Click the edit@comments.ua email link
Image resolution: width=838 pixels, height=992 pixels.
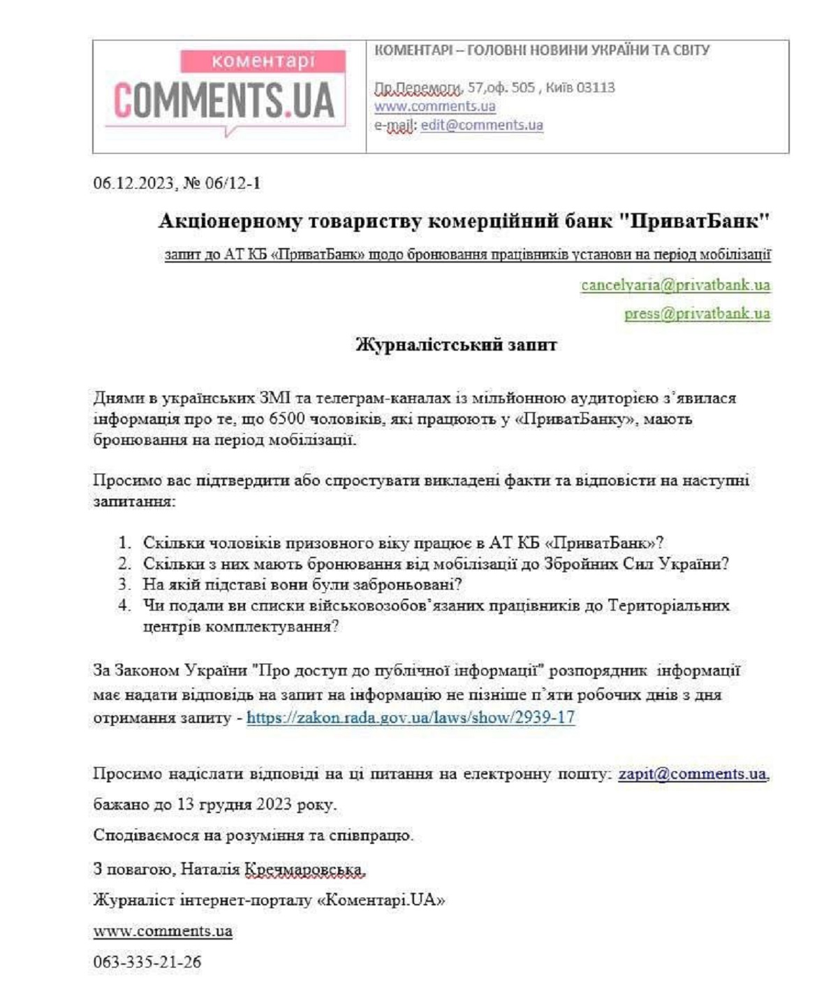coord(481,125)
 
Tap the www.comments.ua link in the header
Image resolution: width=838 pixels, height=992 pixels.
coord(434,106)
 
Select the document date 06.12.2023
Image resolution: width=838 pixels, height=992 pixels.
coord(133,183)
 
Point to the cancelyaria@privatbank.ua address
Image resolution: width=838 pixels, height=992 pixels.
coord(675,285)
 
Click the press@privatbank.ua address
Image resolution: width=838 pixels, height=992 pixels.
coord(697,314)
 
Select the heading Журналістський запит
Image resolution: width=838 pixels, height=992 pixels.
coord(456,344)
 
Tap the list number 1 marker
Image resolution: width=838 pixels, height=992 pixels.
coord(125,543)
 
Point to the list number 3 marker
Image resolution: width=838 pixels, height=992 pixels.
coord(125,584)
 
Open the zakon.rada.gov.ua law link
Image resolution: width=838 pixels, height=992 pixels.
coord(411,717)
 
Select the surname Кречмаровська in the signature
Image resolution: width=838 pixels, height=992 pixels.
coord(304,869)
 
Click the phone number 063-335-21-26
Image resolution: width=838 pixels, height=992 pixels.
coord(147,962)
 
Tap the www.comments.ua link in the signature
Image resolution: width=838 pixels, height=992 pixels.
coord(163,931)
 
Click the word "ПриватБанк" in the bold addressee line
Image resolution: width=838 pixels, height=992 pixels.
coord(694,221)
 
